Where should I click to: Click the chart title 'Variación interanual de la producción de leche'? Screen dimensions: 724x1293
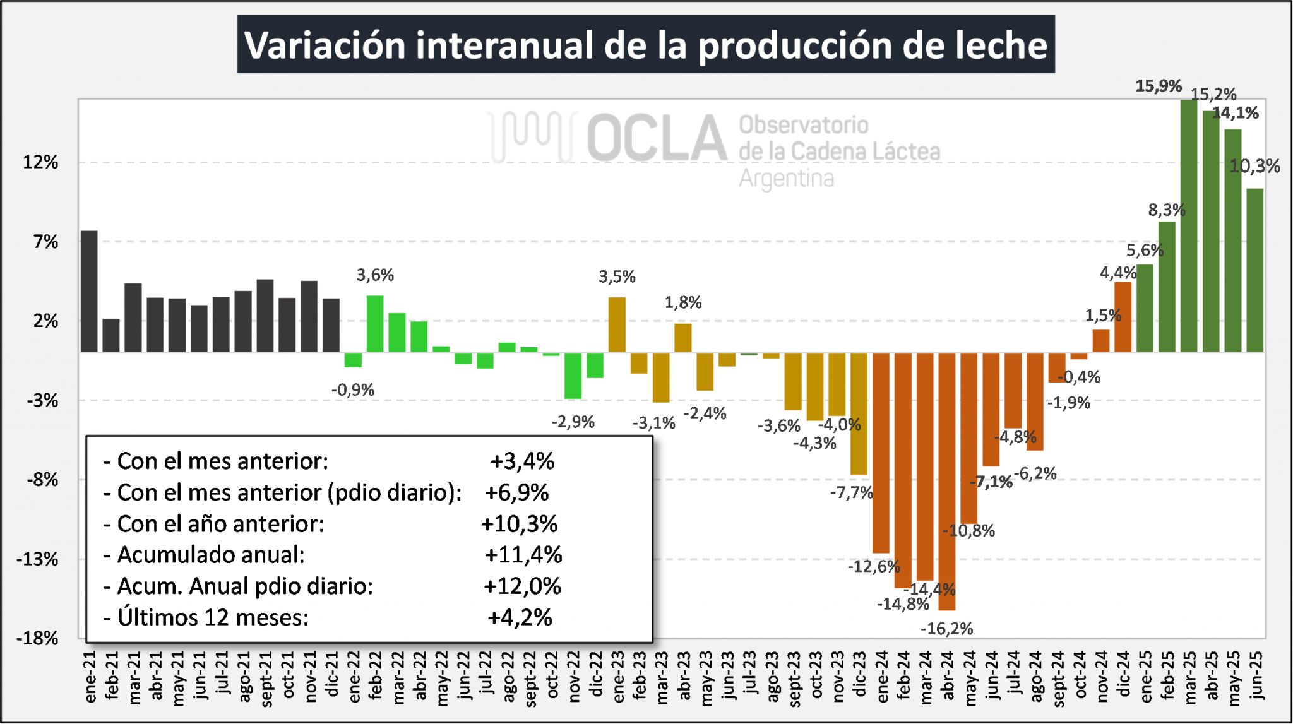(x=645, y=45)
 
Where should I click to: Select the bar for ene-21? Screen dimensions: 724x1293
(x=89, y=291)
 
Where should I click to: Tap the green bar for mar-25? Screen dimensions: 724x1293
(x=1189, y=225)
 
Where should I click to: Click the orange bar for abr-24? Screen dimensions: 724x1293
(x=946, y=481)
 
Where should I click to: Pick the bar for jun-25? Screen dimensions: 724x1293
(x=1254, y=270)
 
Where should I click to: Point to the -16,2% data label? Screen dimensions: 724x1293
(x=946, y=629)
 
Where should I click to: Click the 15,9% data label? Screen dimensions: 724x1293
(x=1158, y=86)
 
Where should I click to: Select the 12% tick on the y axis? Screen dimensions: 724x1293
(x=40, y=162)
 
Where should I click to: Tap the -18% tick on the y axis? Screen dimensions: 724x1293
(x=37, y=638)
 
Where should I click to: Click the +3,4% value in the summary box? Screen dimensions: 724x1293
(x=522, y=461)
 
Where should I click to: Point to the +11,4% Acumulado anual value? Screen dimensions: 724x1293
(x=523, y=555)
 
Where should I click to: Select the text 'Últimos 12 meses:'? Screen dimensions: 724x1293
(x=213, y=617)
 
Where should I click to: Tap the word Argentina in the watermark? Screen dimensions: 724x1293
(x=786, y=179)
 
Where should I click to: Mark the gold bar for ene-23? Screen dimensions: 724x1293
(x=617, y=324)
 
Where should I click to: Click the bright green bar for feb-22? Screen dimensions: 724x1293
(x=375, y=323)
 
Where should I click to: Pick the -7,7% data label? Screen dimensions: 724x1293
(x=851, y=492)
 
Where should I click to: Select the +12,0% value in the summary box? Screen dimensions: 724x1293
(x=522, y=586)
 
